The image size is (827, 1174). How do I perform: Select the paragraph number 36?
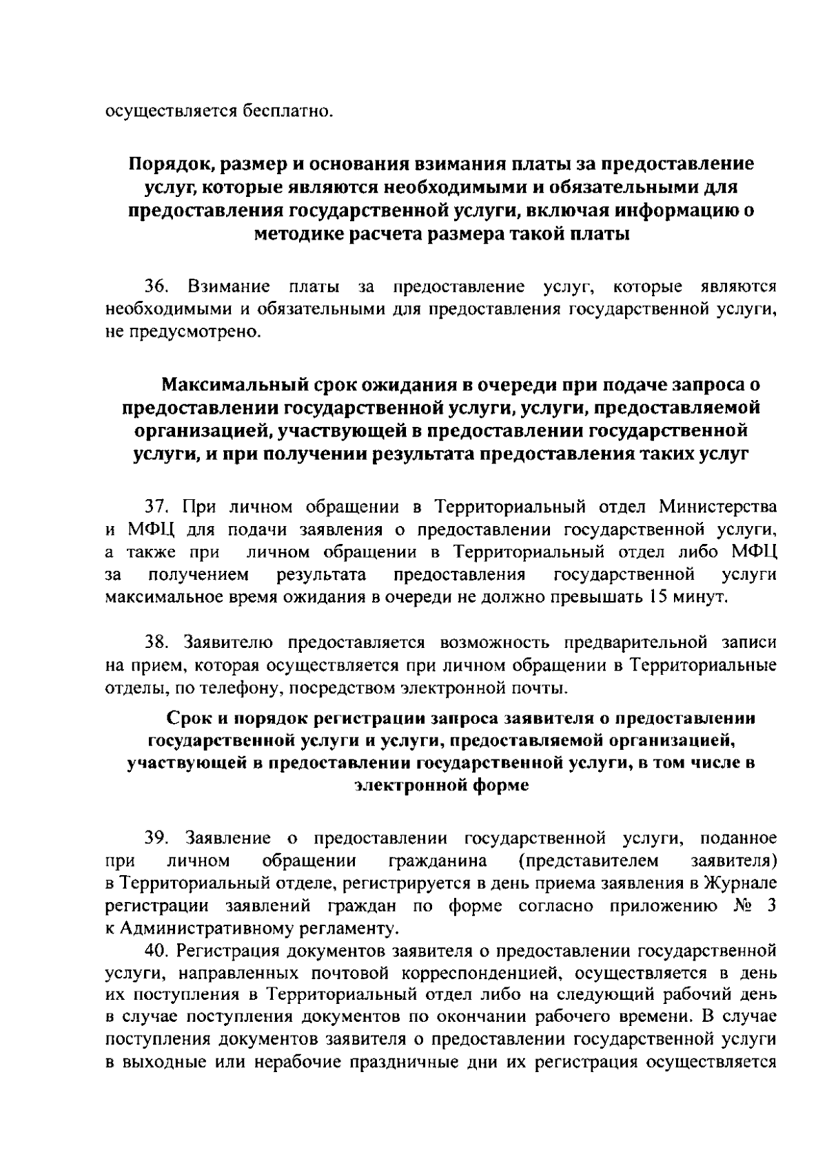[x=156, y=286]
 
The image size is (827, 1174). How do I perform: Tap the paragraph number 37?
[x=156, y=507]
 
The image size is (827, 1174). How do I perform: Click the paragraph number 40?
[x=156, y=951]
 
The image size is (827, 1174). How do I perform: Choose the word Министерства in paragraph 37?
[x=718, y=507]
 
